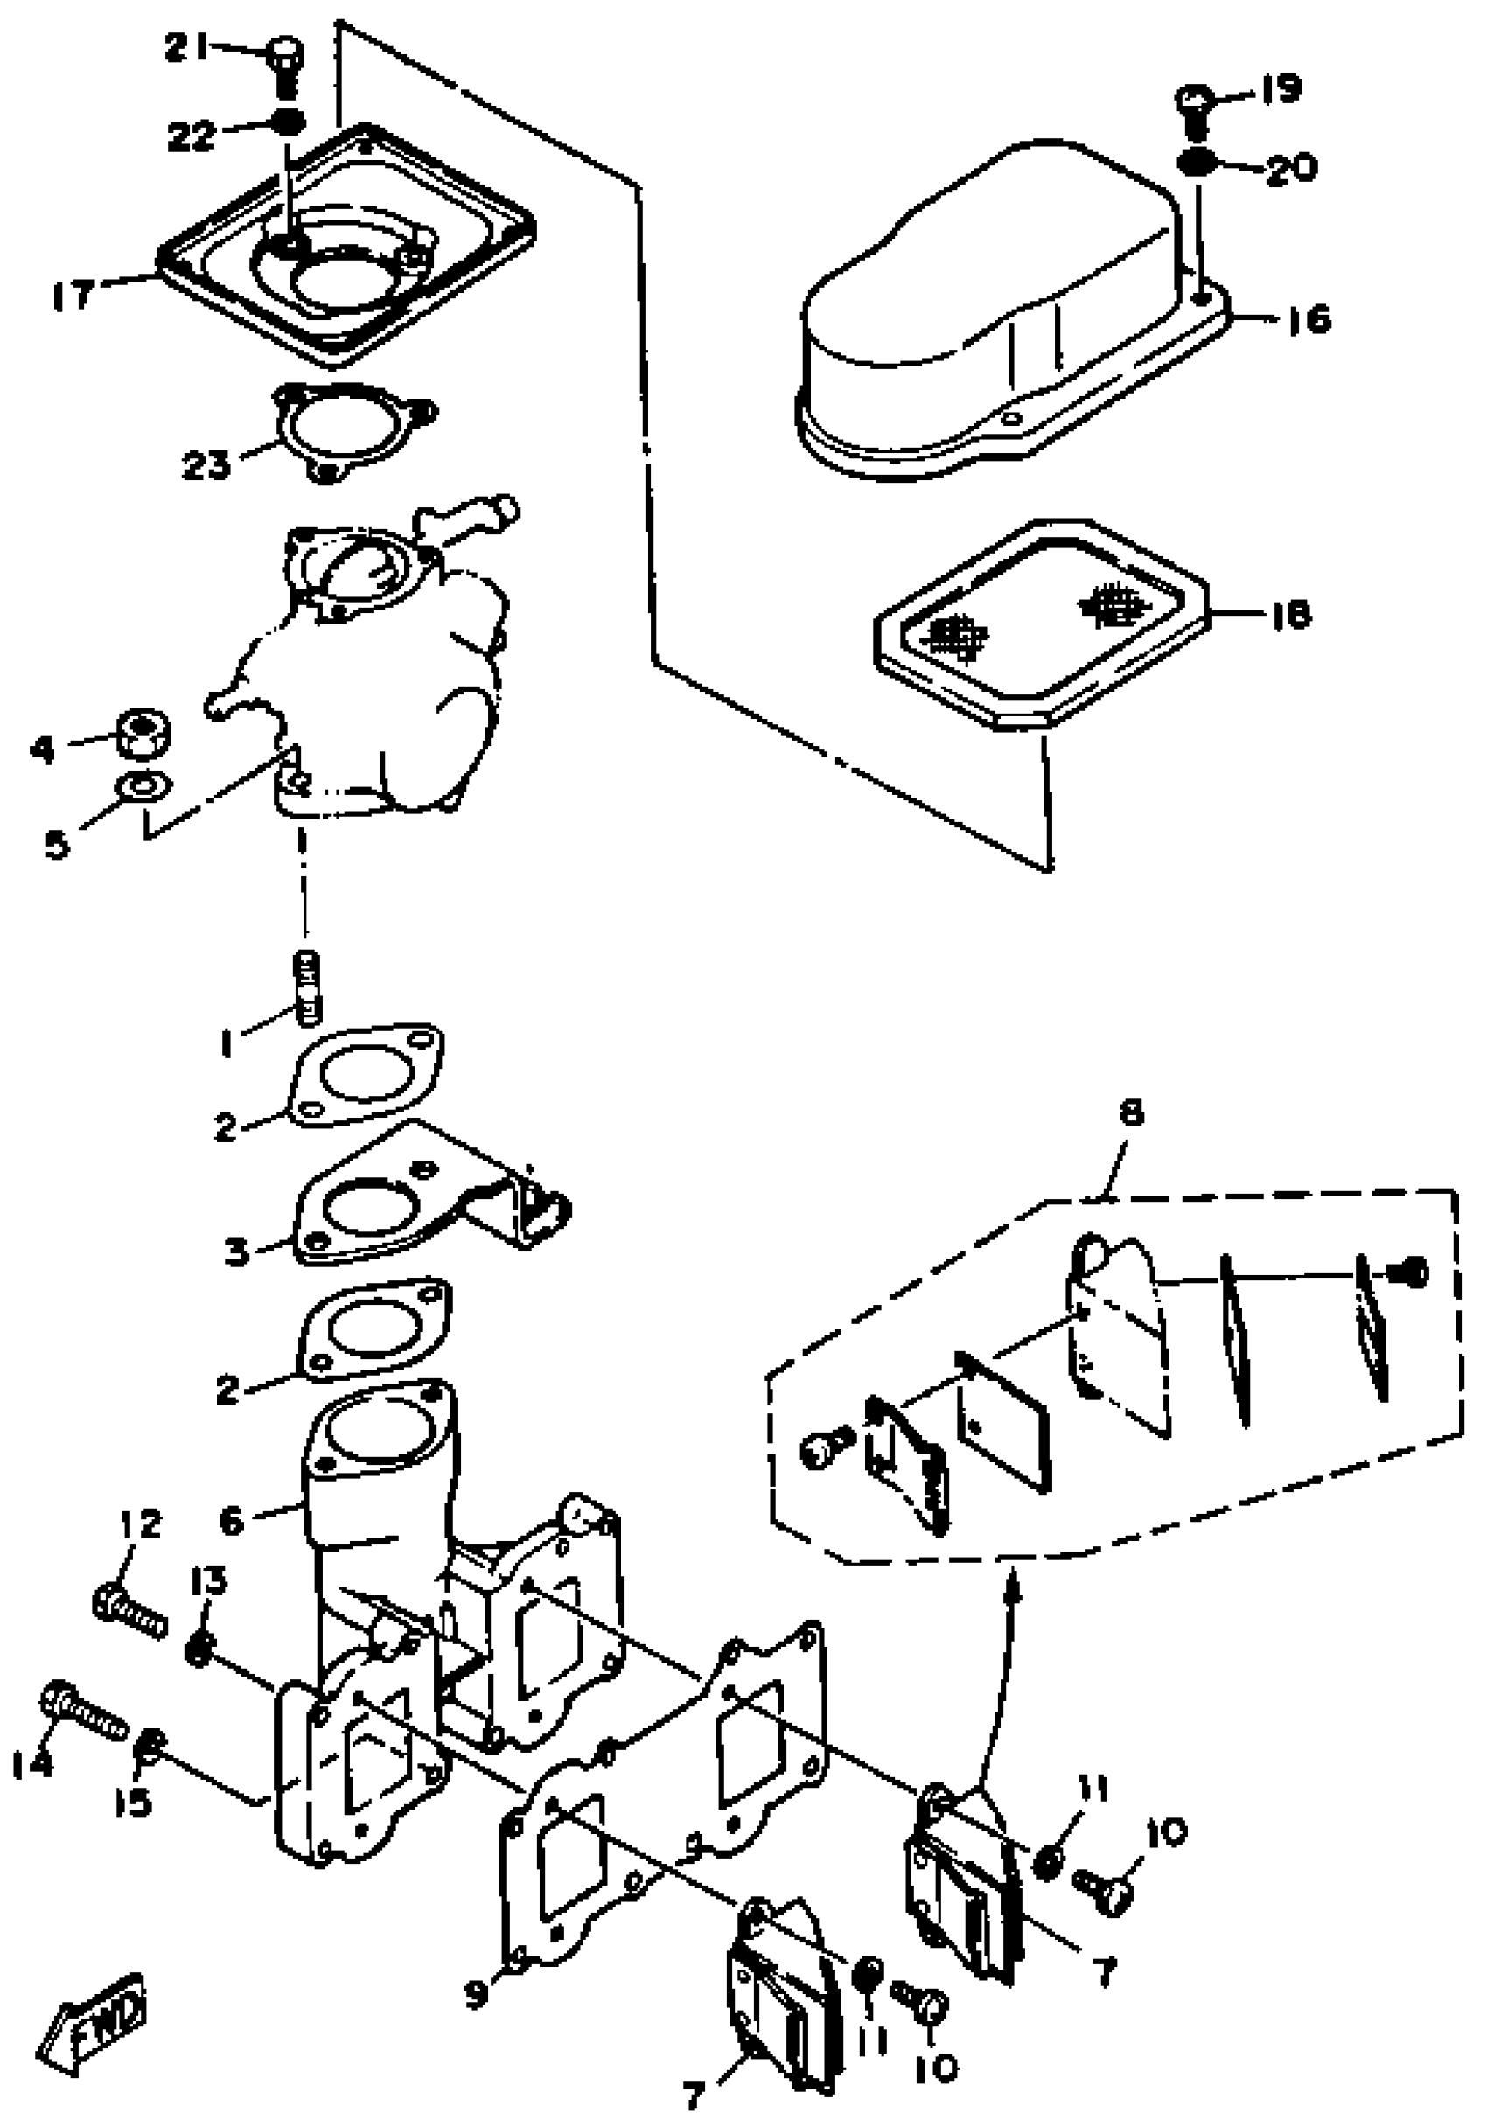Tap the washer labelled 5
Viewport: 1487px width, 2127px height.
click(x=141, y=786)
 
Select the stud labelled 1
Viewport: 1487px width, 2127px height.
click(x=307, y=988)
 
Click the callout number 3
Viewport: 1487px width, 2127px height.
click(x=238, y=1252)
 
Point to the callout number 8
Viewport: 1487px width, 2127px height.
click(x=1131, y=1112)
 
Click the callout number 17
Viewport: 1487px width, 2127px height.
click(x=73, y=296)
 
